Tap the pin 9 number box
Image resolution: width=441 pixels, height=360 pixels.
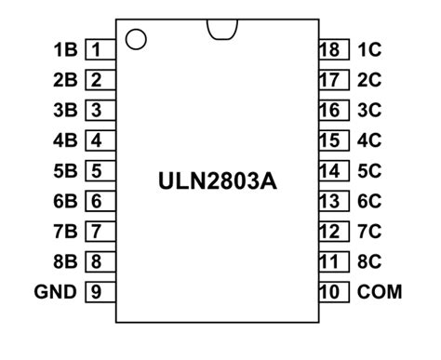tap(98, 292)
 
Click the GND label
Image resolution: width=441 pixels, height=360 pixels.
tap(56, 292)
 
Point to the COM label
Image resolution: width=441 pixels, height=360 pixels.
tap(380, 292)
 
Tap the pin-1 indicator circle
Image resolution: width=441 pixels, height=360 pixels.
tap(136, 39)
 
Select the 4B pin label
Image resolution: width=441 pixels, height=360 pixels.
tap(65, 141)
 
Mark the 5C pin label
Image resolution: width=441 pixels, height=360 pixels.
tap(369, 171)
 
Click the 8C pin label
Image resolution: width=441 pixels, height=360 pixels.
tap(369, 261)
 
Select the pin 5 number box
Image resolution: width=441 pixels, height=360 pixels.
tap(98, 171)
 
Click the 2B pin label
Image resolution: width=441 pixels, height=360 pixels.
tap(65, 81)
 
